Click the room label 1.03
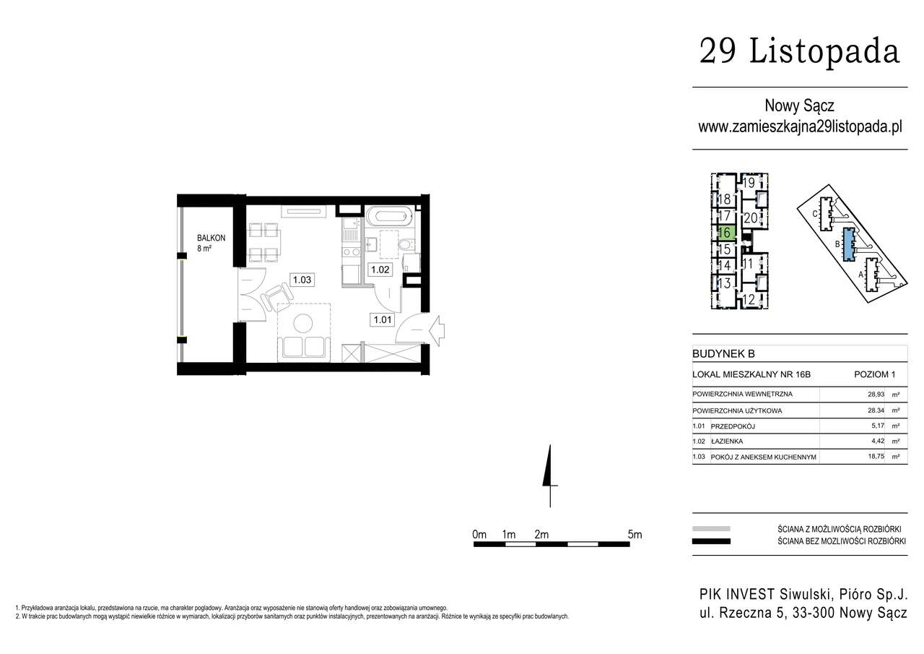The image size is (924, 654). [x=302, y=280]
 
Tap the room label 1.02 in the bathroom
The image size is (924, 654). [x=380, y=270]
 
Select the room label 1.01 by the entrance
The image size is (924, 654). [x=383, y=319]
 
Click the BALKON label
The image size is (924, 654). [x=212, y=238]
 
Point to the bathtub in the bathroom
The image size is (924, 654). [x=389, y=216]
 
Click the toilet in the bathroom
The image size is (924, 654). [x=407, y=245]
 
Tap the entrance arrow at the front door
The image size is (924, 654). [x=437, y=330]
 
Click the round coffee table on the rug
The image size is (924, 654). [x=303, y=323]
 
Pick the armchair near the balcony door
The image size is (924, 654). [x=277, y=296]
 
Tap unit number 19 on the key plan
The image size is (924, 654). [x=749, y=182]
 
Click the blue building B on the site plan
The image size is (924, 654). [x=848, y=244]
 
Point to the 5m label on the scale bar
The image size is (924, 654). [x=635, y=534]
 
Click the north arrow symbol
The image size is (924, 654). [x=550, y=476]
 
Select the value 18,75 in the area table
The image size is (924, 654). [x=876, y=456]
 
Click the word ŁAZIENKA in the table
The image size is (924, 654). [x=727, y=441]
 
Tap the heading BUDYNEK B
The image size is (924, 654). [x=723, y=353]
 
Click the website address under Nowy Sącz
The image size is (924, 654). [x=800, y=126]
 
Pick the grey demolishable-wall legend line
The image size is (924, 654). [x=711, y=528]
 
